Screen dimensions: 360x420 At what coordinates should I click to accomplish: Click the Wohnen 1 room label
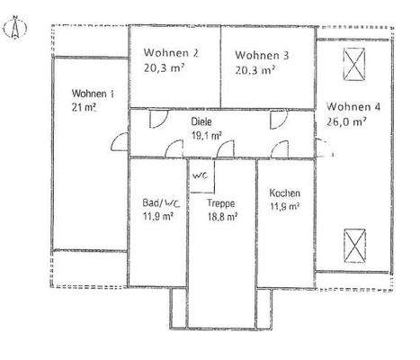click(x=94, y=93)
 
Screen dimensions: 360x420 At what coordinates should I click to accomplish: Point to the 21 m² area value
click(x=85, y=106)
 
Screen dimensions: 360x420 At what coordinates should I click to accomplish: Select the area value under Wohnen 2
click(x=165, y=67)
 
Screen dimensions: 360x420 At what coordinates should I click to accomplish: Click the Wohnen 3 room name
click(x=263, y=55)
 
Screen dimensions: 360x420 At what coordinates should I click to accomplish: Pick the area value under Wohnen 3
click(x=255, y=68)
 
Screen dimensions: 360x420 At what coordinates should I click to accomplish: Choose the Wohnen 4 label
click(x=353, y=107)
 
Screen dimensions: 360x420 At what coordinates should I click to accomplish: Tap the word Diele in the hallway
click(x=201, y=121)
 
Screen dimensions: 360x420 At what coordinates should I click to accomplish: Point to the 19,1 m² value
click(x=208, y=138)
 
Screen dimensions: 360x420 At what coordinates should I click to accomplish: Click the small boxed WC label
click(x=201, y=175)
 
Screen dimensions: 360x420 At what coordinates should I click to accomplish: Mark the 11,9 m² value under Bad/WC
click(x=158, y=217)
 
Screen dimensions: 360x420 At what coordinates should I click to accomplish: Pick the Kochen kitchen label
click(x=284, y=193)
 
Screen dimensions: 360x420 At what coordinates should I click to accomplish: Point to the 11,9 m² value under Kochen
click(x=284, y=206)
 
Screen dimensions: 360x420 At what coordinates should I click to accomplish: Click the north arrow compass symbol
click(x=13, y=29)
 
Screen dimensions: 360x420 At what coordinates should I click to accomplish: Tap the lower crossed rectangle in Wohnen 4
click(x=353, y=244)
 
